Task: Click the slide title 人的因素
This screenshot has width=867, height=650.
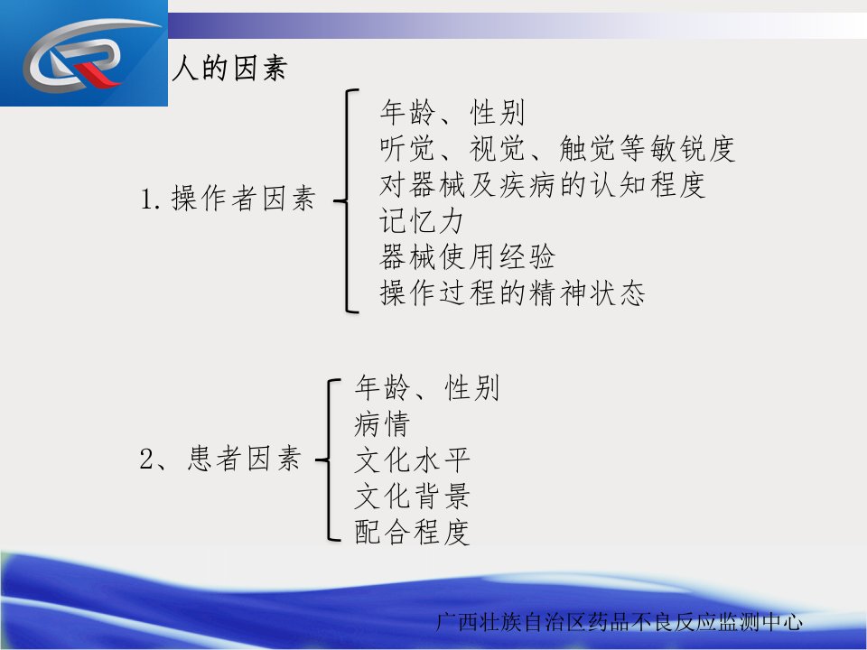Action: point(229,69)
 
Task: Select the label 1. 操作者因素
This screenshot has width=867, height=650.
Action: point(228,199)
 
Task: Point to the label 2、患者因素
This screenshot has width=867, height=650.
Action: point(220,459)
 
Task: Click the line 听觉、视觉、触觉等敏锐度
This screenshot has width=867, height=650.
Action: point(557,149)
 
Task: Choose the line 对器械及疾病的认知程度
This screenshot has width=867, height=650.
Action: point(543,184)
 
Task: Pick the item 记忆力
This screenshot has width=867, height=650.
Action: point(422,220)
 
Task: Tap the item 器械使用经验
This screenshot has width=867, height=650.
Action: point(467,256)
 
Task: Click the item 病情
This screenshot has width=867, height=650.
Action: point(382,424)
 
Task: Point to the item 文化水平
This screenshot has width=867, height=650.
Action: point(412,460)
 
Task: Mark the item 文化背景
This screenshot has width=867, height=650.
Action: point(412,496)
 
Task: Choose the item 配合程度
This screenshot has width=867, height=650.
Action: point(412,532)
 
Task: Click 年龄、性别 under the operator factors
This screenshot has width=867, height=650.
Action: point(452,113)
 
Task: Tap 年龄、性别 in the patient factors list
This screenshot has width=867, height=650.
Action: point(427,387)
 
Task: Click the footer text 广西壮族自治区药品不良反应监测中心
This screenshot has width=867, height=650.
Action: point(619,622)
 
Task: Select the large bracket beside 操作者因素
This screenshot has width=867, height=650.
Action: point(348,200)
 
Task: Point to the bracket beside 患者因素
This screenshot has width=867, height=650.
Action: point(329,460)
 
